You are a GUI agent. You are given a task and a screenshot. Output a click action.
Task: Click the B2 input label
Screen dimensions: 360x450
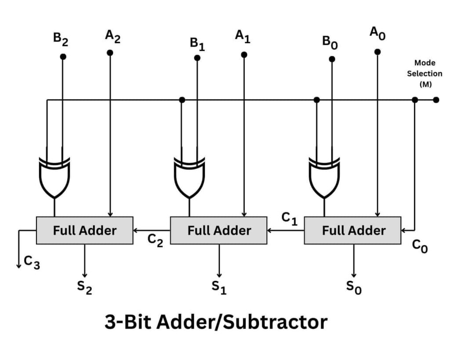61,39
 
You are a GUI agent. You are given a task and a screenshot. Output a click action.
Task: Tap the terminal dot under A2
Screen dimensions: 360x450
110,53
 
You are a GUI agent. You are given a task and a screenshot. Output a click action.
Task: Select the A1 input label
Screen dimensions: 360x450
242,36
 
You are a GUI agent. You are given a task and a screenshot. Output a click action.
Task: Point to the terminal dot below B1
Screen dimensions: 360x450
197,58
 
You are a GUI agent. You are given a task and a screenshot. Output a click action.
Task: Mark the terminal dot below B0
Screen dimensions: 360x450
332,59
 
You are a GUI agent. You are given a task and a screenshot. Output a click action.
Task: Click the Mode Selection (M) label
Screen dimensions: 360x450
424,73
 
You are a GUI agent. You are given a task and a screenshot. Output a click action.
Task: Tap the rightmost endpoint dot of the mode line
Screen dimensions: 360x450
436,100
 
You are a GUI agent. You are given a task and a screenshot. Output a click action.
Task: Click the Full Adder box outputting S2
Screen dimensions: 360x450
84,230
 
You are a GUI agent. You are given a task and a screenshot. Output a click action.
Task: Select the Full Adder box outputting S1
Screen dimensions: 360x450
219,230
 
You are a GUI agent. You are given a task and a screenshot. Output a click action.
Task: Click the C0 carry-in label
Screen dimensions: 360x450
420,247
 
